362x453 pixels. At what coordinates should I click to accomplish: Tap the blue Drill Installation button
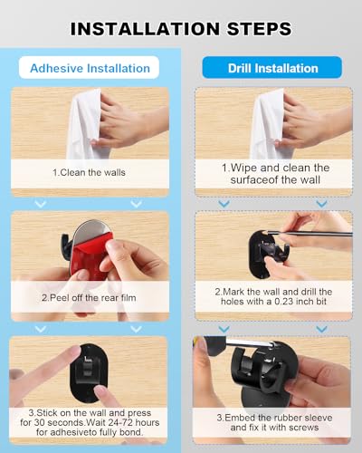click(272, 68)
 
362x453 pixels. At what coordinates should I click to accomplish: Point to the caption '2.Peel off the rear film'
click(89, 296)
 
